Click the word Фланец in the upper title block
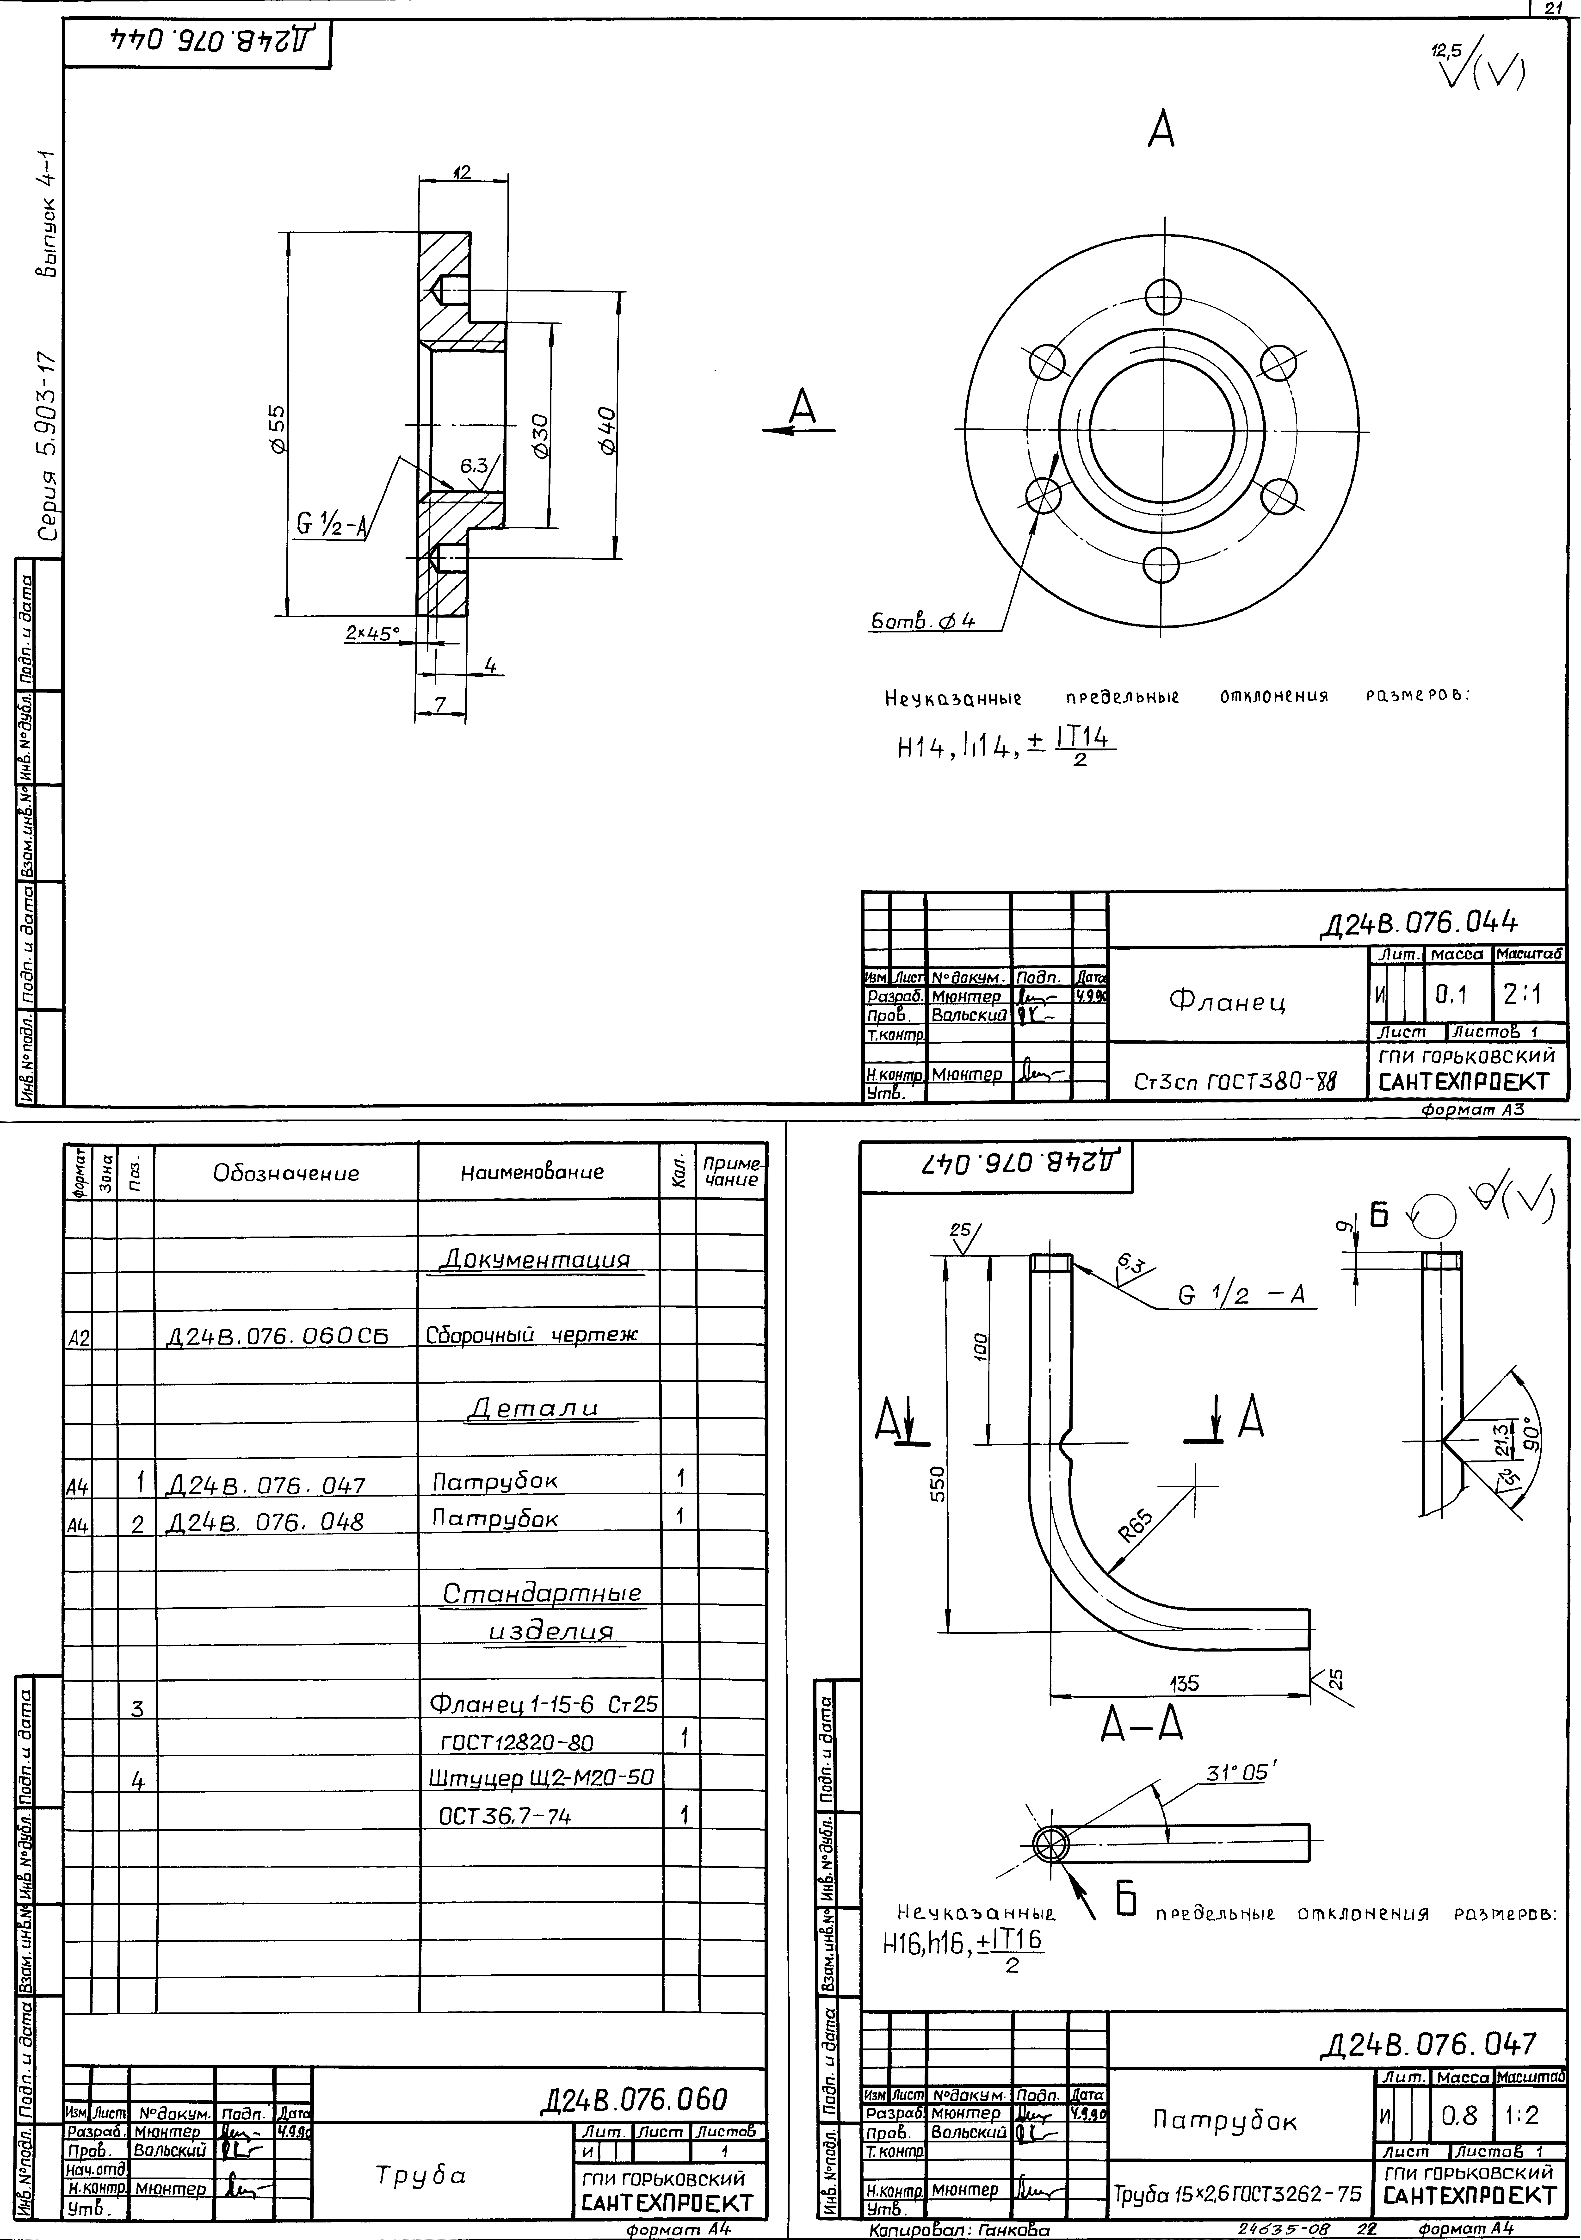1227,1002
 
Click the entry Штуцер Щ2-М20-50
541,1778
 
